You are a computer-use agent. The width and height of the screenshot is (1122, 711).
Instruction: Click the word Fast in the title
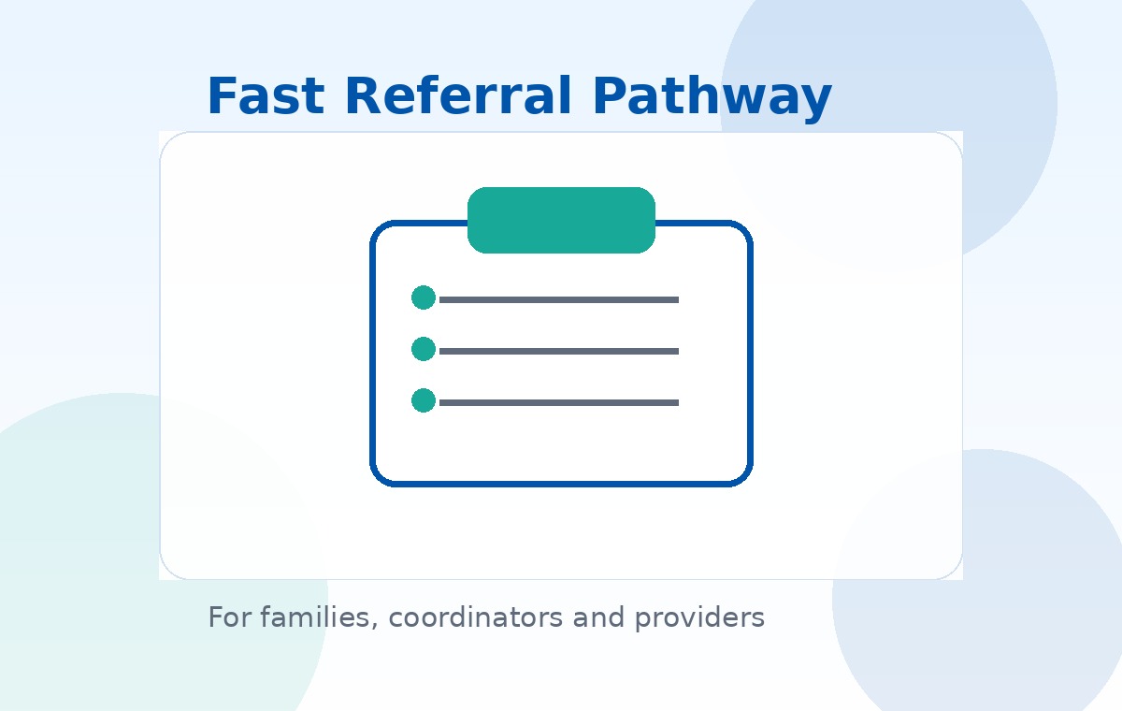click(x=265, y=96)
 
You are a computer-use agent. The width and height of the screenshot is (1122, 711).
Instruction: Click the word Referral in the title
click(x=457, y=96)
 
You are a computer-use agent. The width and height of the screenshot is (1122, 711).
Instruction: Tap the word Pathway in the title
click(x=712, y=96)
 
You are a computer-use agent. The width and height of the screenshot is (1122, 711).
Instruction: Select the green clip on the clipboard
click(x=561, y=220)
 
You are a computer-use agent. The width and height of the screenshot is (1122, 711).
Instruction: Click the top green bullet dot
click(x=424, y=297)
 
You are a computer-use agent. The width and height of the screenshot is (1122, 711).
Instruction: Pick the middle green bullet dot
click(x=424, y=349)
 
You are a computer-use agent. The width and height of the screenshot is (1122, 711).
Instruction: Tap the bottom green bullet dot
click(x=424, y=400)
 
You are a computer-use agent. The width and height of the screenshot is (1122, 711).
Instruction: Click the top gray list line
click(x=559, y=300)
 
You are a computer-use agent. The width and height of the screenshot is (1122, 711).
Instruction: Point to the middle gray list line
click(x=559, y=352)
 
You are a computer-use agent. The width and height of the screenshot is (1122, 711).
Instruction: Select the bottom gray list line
click(x=559, y=403)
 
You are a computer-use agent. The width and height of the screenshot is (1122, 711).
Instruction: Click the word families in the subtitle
click(x=316, y=617)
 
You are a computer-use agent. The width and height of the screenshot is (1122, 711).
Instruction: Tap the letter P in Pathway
click(x=609, y=96)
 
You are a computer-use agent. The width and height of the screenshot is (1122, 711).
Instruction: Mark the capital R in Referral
click(x=362, y=96)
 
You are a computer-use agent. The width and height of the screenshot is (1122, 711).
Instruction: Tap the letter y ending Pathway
click(x=816, y=101)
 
